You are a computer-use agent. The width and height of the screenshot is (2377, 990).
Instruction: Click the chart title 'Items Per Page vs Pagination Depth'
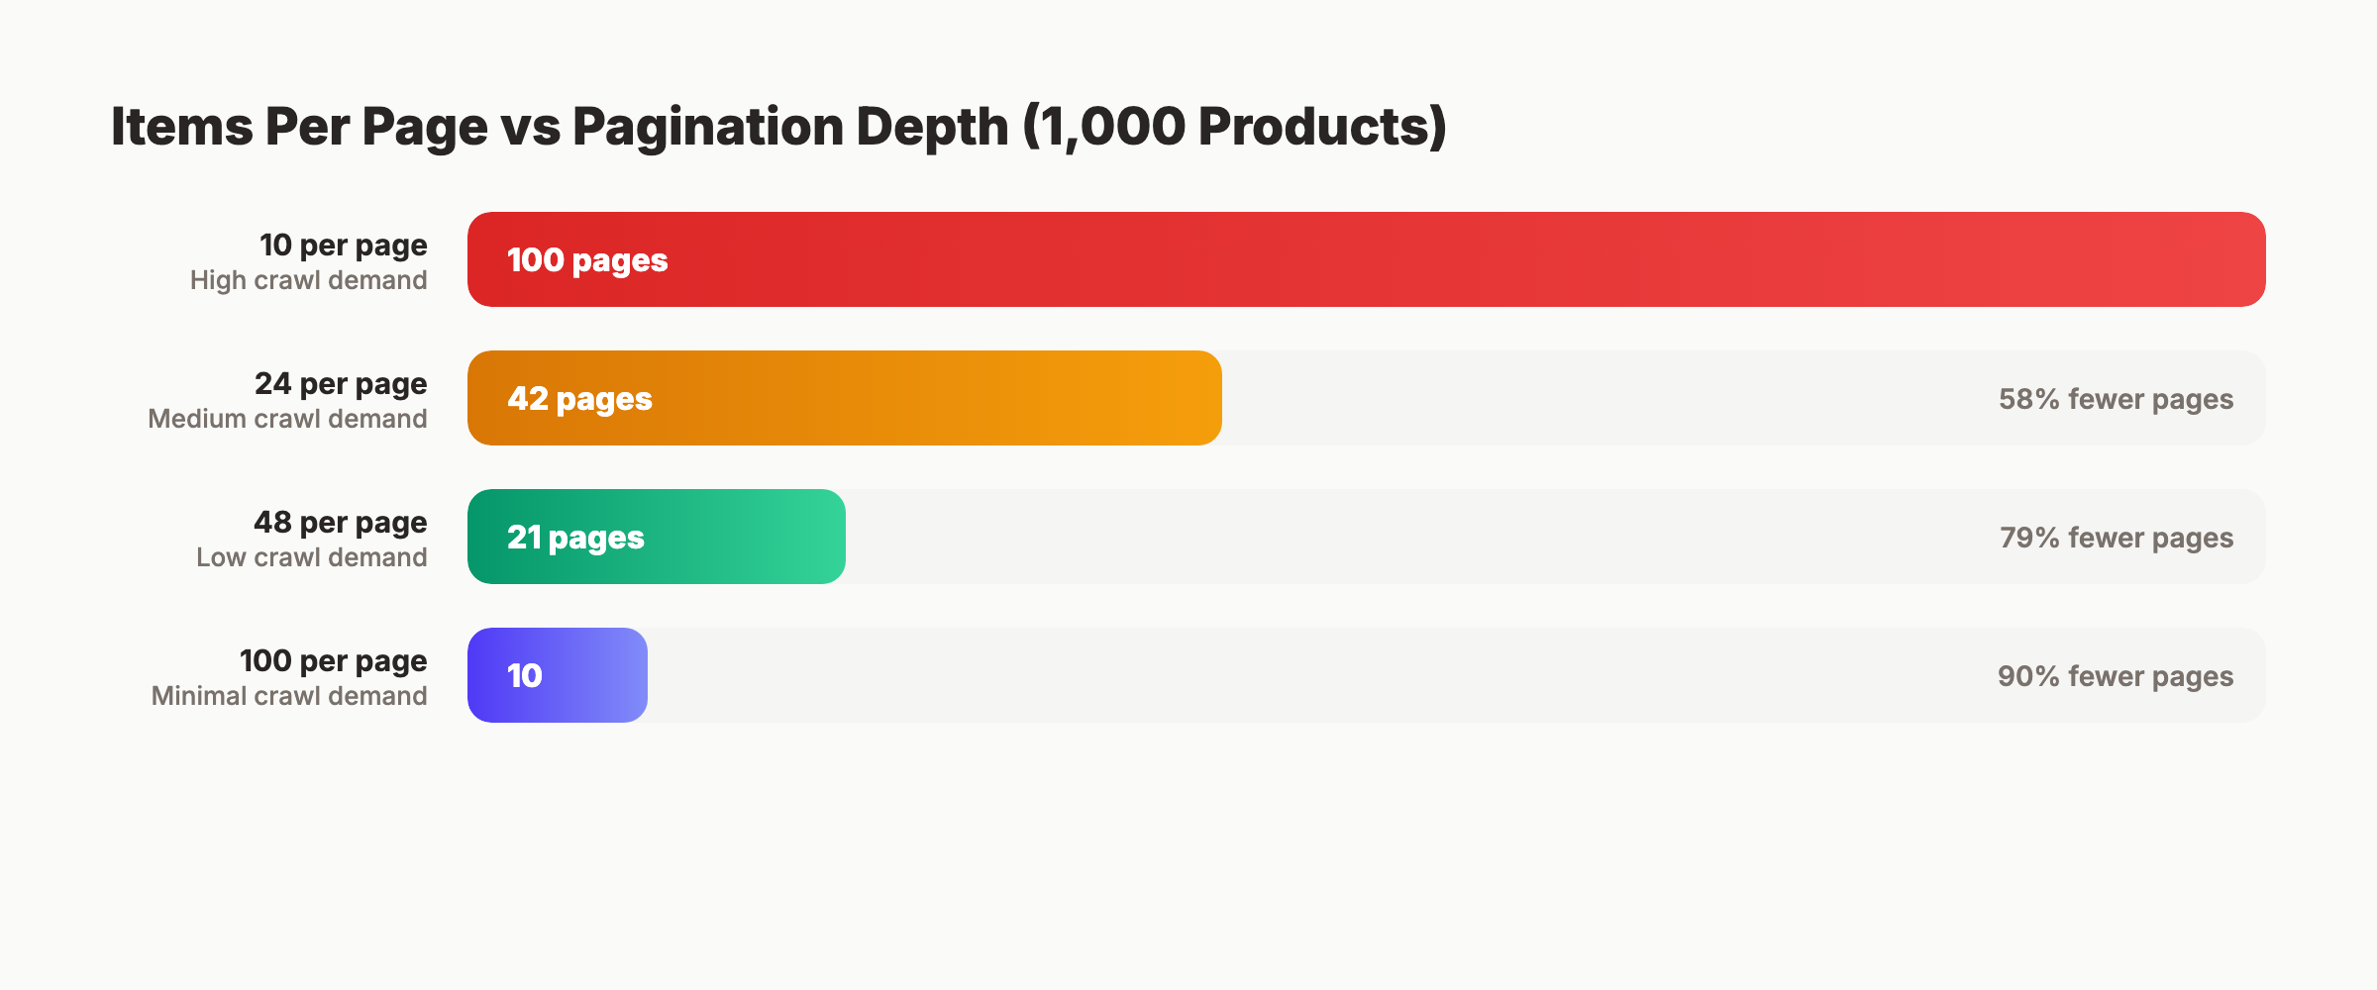[x=778, y=127]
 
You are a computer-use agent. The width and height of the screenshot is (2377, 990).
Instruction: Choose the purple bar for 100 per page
[x=594, y=675]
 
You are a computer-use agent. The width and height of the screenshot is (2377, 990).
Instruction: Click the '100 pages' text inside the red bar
[x=587, y=260]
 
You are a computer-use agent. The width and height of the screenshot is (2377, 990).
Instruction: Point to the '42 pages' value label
[x=579, y=399]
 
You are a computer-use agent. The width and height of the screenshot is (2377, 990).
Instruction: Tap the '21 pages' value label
[x=575, y=538]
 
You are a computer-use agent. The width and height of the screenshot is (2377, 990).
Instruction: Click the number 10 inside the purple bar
[x=524, y=676]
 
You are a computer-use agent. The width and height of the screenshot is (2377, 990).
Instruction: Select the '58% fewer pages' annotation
[x=2116, y=399]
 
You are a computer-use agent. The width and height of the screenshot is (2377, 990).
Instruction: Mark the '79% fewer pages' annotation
[x=2116, y=538]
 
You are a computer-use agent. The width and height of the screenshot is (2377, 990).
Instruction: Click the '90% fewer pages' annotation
[x=2115, y=676]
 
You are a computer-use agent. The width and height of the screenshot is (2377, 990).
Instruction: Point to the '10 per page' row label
[x=343, y=245]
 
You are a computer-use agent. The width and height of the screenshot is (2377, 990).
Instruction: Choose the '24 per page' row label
[x=341, y=383]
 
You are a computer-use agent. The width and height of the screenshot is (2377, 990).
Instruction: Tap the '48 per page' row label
[x=340, y=522]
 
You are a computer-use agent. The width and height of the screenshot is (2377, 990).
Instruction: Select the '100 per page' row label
[x=333, y=660]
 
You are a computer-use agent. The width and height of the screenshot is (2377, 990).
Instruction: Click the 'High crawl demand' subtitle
[x=308, y=280]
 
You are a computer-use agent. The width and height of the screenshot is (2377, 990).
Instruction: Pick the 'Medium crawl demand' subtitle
[x=287, y=419]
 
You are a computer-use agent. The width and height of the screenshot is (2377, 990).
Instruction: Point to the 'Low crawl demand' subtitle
[x=311, y=557]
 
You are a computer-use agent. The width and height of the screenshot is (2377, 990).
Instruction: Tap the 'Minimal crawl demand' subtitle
[x=288, y=696]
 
